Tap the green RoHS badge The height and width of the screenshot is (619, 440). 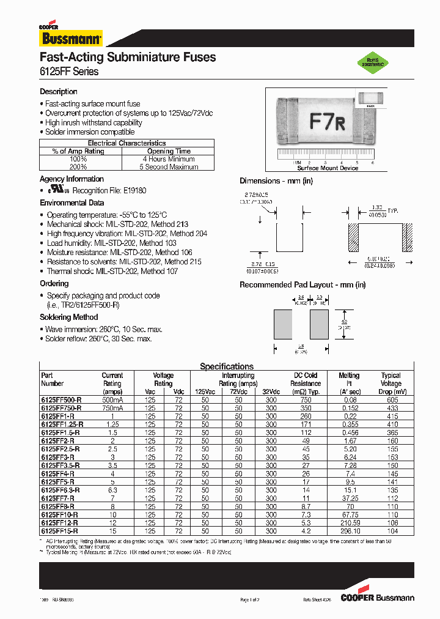tap(373, 62)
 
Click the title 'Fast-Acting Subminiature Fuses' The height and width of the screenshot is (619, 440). tap(127, 57)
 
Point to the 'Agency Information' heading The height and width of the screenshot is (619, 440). tap(71, 179)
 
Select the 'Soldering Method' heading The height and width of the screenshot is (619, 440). tap(69, 317)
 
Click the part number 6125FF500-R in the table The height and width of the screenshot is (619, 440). tap(61, 399)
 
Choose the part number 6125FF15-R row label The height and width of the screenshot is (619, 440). tap(59, 532)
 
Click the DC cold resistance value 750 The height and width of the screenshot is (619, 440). tap(306, 399)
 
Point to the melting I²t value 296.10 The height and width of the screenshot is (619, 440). tap(349, 532)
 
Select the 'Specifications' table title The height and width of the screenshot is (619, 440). tap(227, 366)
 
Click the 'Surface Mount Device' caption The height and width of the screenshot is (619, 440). tap(328, 168)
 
